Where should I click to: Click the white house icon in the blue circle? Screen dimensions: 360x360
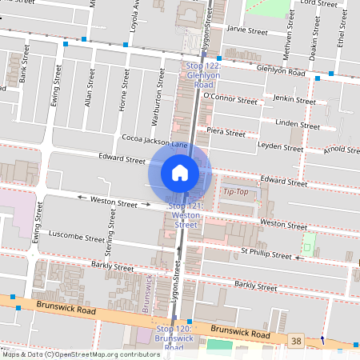coord(180,172)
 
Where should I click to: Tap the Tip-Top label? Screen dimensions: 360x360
coord(235,191)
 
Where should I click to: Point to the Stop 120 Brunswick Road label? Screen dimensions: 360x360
coord(174,338)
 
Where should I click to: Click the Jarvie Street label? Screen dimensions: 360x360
coord(246,31)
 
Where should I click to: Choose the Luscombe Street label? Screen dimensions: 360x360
coord(77,238)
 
